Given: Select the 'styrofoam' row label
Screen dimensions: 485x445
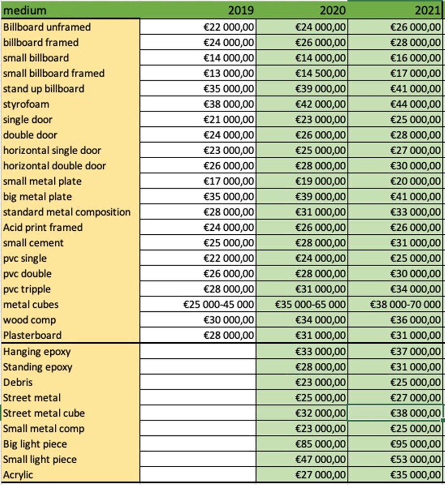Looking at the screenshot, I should (x=26, y=104).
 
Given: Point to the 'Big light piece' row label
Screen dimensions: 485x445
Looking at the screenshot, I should (x=35, y=444).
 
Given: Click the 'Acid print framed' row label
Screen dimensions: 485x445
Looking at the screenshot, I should (x=43, y=228).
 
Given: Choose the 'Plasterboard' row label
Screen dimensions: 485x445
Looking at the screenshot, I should (x=32, y=335).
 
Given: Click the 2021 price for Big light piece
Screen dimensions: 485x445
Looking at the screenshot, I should (x=415, y=444).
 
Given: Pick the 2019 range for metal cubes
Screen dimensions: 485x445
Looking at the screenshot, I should (x=219, y=305).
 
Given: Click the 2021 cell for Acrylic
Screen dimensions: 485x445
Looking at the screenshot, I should (x=415, y=475).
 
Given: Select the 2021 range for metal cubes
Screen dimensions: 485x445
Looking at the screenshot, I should (x=405, y=305).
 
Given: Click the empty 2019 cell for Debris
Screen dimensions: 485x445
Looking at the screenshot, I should (x=198, y=382).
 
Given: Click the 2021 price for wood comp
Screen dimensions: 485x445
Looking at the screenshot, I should (x=415, y=320).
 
